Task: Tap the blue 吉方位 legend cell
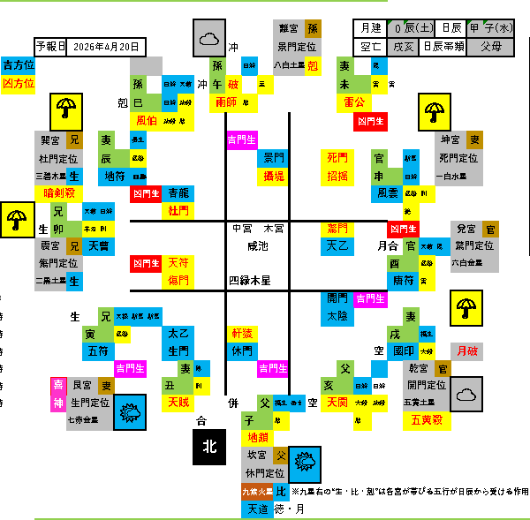(19, 65)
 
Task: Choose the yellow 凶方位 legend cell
(19, 83)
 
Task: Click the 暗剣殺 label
(64, 192)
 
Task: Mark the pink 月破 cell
(466, 350)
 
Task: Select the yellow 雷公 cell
(354, 102)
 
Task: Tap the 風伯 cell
(147, 120)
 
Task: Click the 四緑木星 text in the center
(254, 281)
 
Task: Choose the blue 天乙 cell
(337, 245)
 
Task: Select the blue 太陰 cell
(337, 315)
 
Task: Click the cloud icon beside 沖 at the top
(209, 39)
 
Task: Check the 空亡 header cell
(369, 46)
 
